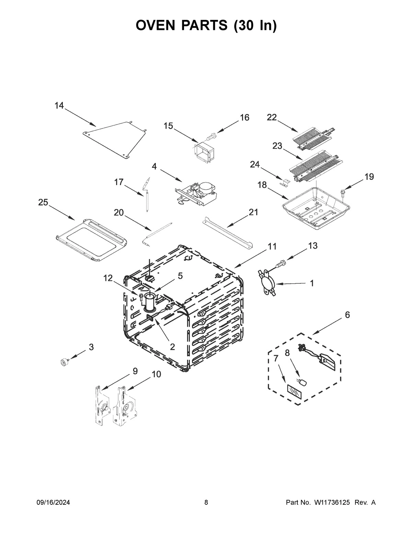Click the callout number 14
tap(59, 106)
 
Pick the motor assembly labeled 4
tap(197, 194)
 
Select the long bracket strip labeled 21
tap(228, 232)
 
